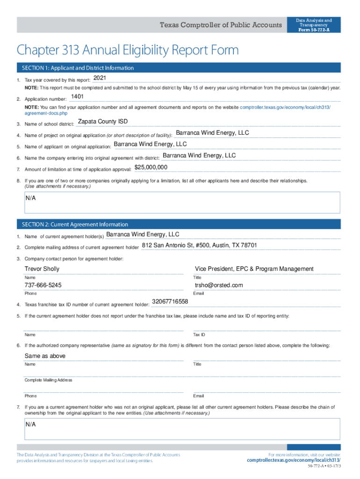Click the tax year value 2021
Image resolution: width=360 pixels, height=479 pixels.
coord(100,78)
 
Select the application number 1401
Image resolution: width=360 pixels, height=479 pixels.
coord(77,97)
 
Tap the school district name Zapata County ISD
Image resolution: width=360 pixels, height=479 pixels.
coord(102,122)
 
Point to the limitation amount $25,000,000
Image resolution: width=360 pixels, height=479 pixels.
coord(151,167)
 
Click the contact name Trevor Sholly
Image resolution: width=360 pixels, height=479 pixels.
coord(42,269)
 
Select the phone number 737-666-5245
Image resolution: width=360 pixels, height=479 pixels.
coord(43,285)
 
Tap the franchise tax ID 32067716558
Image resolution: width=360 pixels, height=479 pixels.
coord(170,302)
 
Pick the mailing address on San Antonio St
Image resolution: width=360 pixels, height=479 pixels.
coord(199,246)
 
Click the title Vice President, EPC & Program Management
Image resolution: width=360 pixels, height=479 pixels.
coord(254,269)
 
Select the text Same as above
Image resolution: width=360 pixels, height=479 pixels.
coord(45,356)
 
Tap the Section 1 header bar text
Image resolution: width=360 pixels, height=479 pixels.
coord(75,68)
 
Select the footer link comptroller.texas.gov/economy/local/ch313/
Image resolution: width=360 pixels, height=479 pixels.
coord(294,461)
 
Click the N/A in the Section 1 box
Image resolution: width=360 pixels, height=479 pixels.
coord(31,198)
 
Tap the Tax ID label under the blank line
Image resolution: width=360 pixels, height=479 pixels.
coord(199,335)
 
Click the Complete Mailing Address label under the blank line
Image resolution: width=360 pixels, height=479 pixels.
coord(49,380)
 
